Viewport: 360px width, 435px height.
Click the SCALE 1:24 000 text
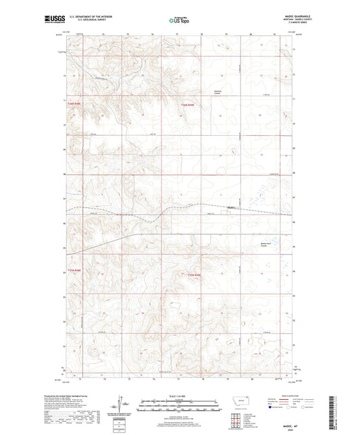(x=179, y=396)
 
